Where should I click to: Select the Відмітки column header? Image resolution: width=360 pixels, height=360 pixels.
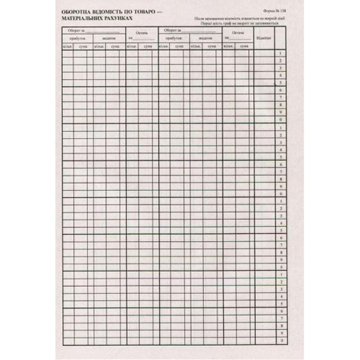point(263,38)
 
